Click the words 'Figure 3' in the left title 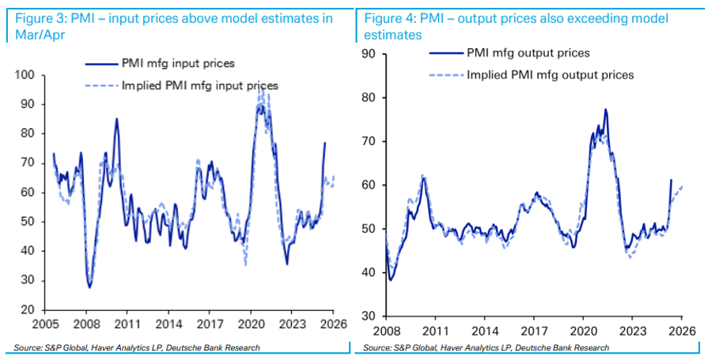[37, 17]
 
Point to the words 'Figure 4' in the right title [385, 17]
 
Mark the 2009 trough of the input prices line [89, 286]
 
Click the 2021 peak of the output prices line [605, 109]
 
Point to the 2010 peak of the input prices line [117, 119]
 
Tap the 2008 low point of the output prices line [391, 280]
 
